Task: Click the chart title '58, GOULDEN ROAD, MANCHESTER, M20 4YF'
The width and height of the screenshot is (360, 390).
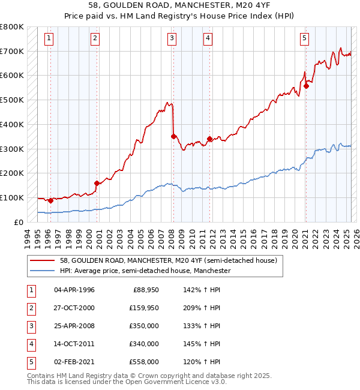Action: tap(179, 6)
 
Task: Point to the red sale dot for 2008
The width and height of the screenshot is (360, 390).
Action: tap(173, 136)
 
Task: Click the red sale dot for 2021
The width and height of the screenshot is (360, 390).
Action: tap(306, 86)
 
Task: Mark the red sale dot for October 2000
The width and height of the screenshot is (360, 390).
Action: tap(96, 183)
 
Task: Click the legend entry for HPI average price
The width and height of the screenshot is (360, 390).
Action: tap(145, 271)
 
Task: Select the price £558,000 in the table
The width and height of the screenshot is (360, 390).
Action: tap(144, 362)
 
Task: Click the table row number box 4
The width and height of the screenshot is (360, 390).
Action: tap(31, 344)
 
